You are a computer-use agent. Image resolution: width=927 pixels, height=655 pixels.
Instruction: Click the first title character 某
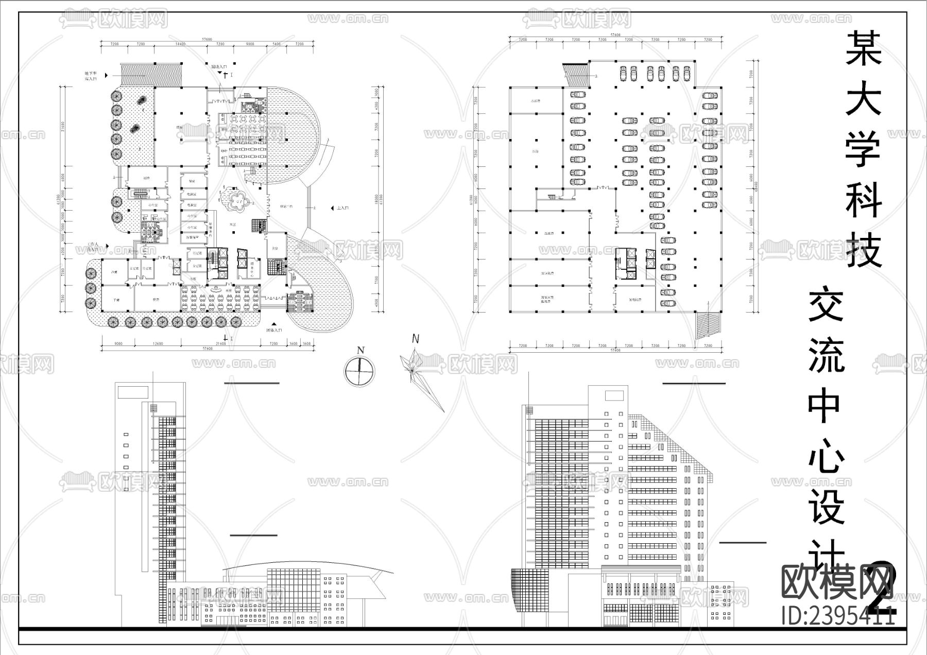point(864,47)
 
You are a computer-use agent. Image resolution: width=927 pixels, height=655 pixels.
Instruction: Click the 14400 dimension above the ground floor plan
point(180,45)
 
